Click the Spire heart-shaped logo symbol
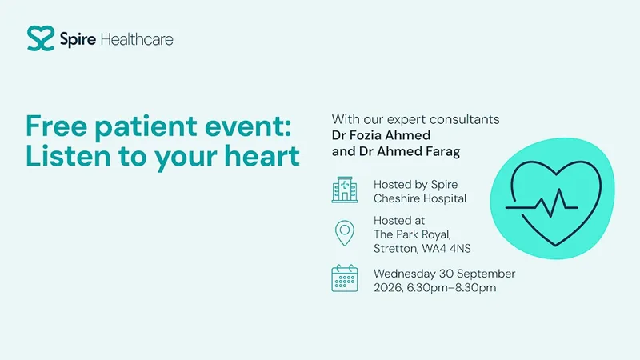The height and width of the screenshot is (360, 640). pyautogui.click(x=41, y=38)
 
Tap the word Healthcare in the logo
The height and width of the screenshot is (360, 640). pyautogui.click(x=137, y=39)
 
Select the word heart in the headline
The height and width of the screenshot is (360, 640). pyautogui.click(x=262, y=156)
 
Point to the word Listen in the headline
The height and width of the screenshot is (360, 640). pyautogui.click(x=69, y=156)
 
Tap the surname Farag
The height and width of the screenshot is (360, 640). pyautogui.click(x=443, y=151)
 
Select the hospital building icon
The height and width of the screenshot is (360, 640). pyautogui.click(x=345, y=190)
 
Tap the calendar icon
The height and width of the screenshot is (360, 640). pyautogui.click(x=345, y=278)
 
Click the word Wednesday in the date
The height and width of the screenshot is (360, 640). pyautogui.click(x=404, y=274)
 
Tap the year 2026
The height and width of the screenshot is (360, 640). pyautogui.click(x=389, y=288)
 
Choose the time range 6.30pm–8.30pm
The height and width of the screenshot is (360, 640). pyautogui.click(x=451, y=288)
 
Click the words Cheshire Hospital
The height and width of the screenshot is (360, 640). pyautogui.click(x=420, y=198)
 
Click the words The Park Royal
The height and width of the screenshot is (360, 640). pyautogui.click(x=412, y=234)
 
